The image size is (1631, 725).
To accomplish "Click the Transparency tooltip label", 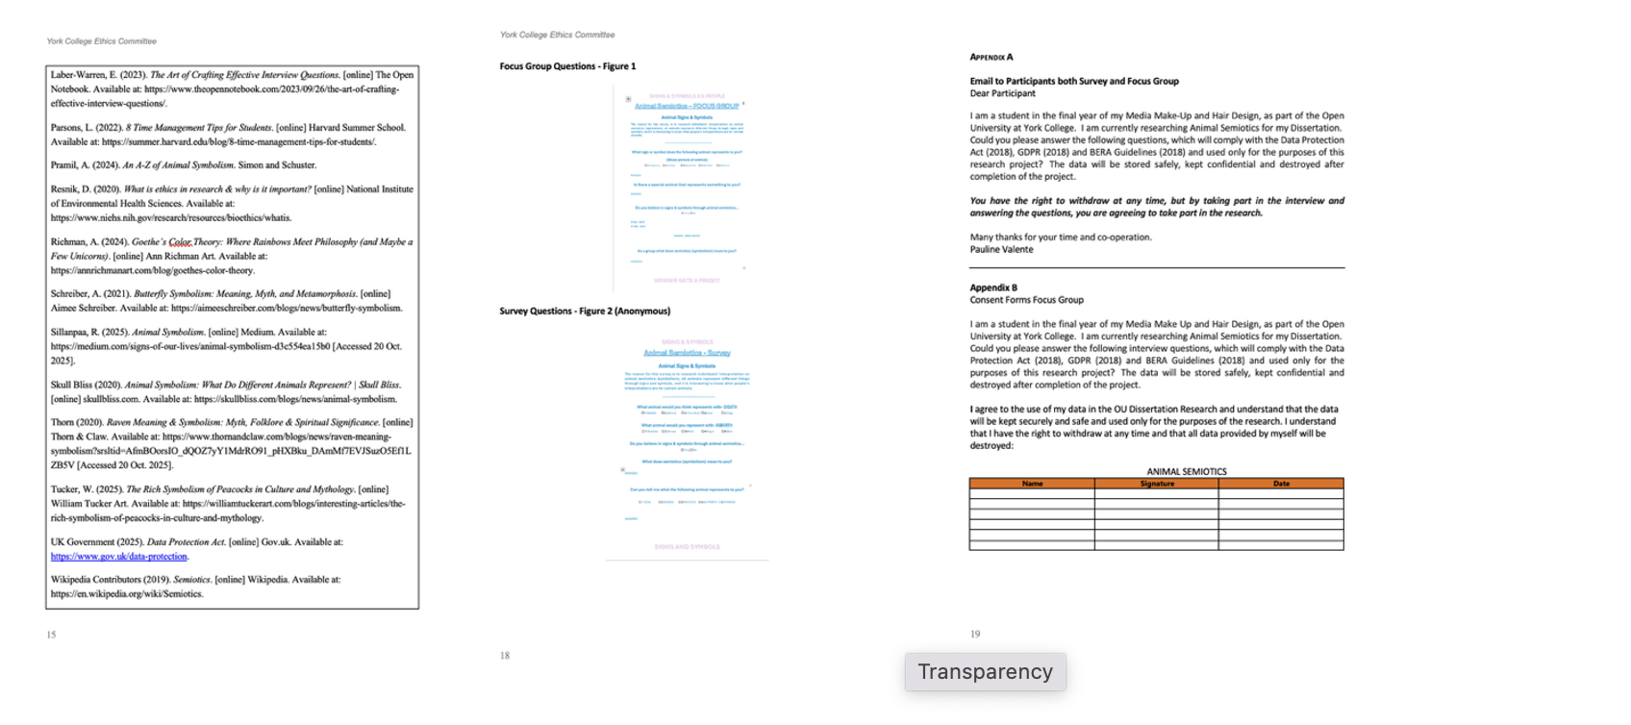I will click(x=985, y=672).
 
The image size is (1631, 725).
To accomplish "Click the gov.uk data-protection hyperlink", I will click(x=119, y=557).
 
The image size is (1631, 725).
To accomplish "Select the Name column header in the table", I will click(x=1032, y=484).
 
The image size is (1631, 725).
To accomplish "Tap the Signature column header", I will click(x=1157, y=484).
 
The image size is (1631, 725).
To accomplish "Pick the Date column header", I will click(x=1281, y=484).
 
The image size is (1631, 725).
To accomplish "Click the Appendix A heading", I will click(x=991, y=58).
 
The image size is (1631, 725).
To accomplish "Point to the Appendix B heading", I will click(x=993, y=287).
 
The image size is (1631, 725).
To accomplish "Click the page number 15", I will click(x=51, y=635).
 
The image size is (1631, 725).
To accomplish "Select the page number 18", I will click(x=505, y=656).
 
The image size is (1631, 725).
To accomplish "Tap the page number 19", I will click(x=975, y=635).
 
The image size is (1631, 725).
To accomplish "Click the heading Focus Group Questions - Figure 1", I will click(x=567, y=66).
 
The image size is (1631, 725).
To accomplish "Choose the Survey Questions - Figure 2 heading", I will click(x=585, y=312).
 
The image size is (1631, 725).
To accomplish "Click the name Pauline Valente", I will click(x=1001, y=250).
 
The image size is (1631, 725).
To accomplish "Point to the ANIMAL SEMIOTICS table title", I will click(x=1186, y=472).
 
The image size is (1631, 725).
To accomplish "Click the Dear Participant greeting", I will click(x=1002, y=94).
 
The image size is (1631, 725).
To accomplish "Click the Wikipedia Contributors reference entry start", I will click(x=96, y=580).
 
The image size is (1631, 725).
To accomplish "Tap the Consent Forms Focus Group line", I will click(x=1026, y=300).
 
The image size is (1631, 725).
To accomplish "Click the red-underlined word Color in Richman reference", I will click(x=180, y=242).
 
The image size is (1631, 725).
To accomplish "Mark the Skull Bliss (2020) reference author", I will click(x=74, y=385).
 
